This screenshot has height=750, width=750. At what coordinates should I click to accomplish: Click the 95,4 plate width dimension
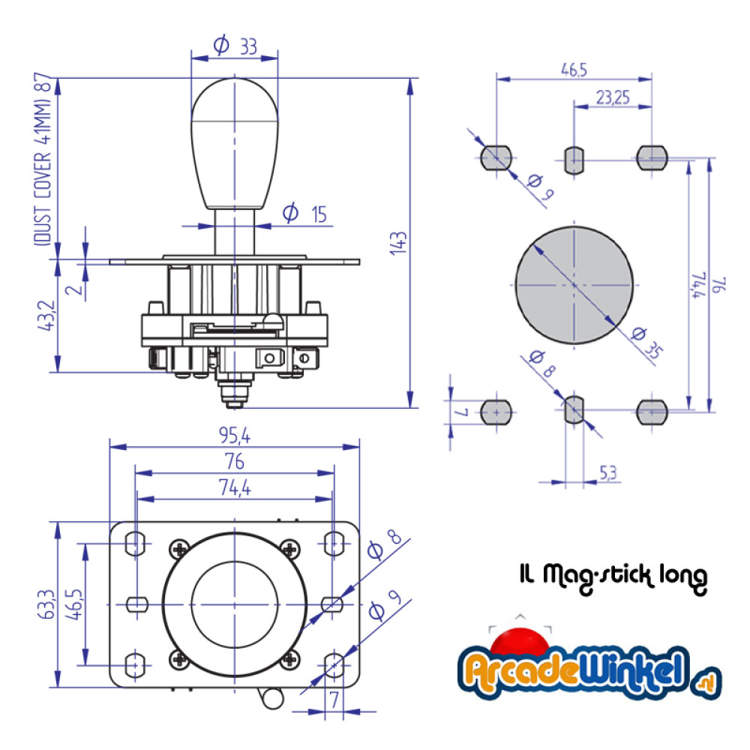(235, 434)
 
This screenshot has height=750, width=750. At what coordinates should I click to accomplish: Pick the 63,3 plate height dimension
(46, 604)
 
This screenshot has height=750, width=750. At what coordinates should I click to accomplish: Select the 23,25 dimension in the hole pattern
(612, 97)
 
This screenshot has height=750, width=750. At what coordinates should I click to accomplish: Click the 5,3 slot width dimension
(609, 472)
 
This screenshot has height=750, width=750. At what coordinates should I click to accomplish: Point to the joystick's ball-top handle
(235, 142)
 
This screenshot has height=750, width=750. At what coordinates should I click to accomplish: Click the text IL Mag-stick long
(613, 576)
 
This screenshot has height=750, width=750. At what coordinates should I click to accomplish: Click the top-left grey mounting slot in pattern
(496, 157)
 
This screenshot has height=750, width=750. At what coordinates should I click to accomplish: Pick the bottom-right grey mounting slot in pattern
(652, 411)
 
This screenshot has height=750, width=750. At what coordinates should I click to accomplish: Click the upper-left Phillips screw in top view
(179, 549)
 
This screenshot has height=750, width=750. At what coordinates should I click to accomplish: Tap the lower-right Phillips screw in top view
(289, 659)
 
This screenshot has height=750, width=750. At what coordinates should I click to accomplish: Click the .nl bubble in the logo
(706, 682)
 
